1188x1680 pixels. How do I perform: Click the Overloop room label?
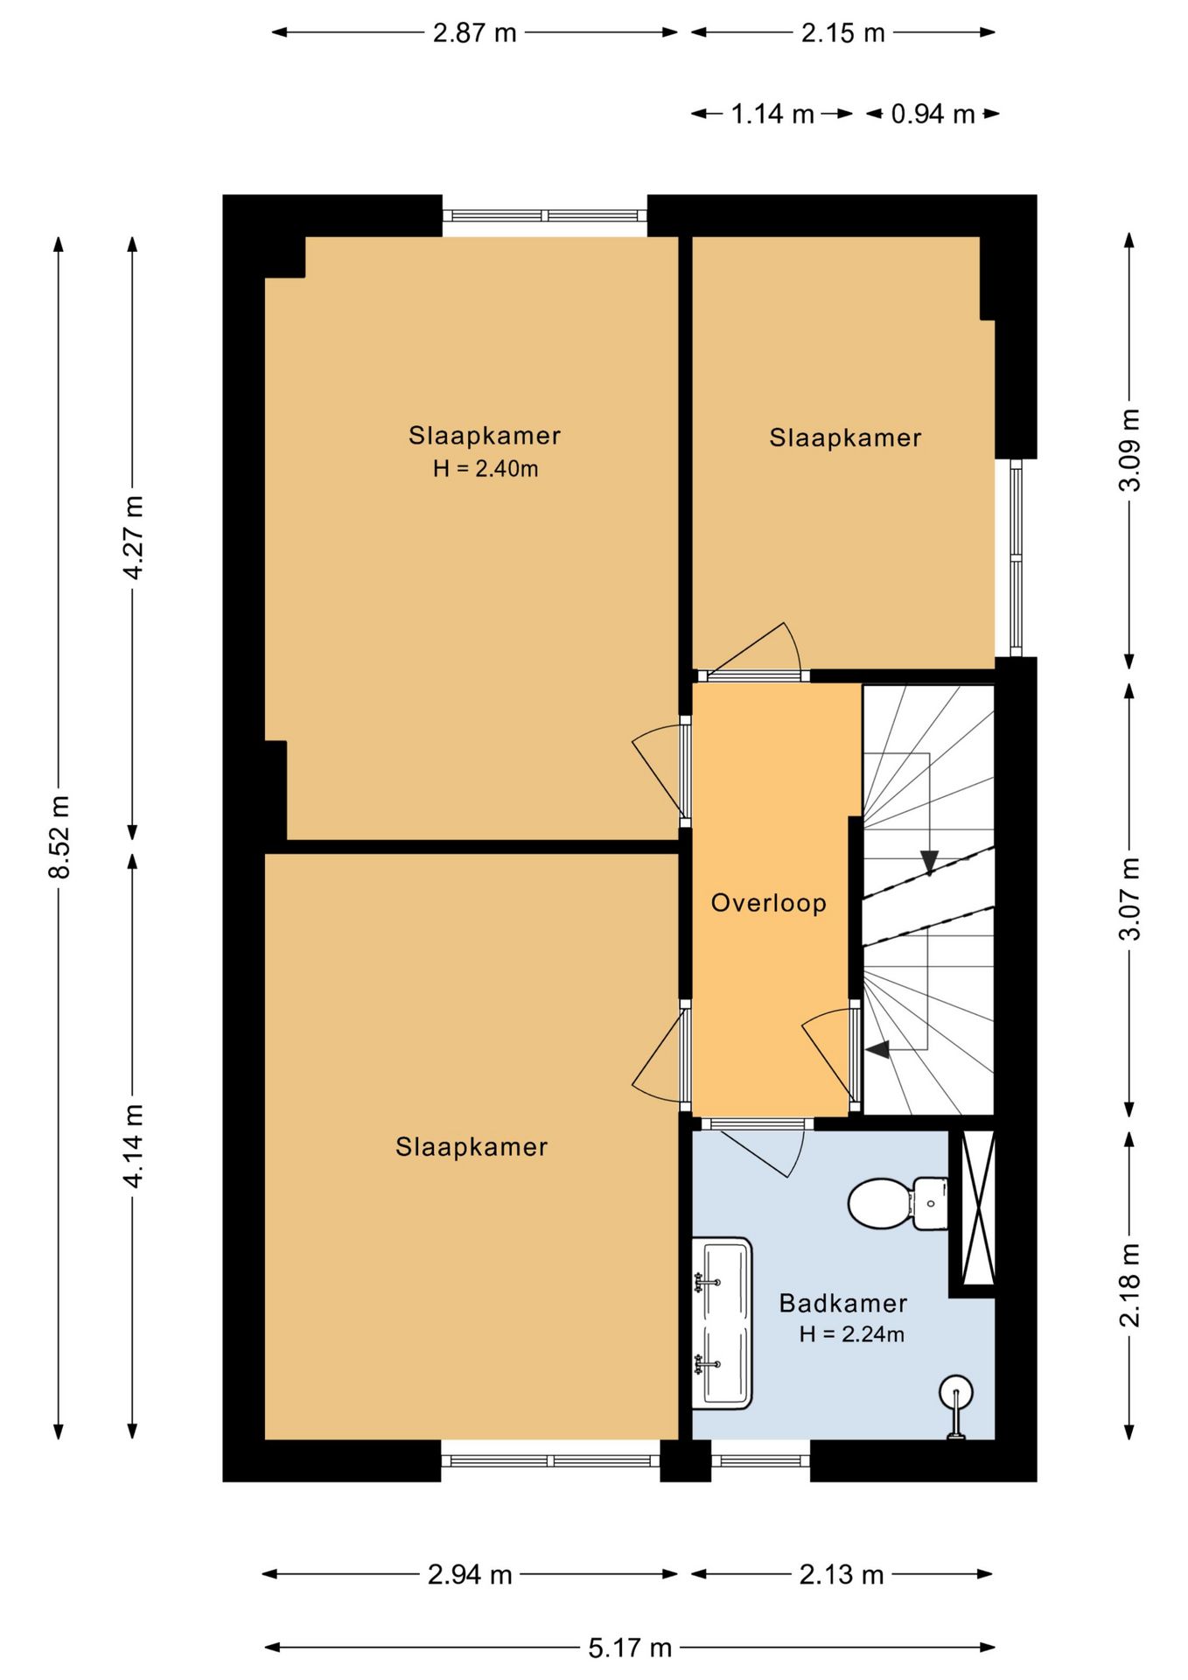coord(768,902)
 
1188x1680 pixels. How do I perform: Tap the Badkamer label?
coord(842,1303)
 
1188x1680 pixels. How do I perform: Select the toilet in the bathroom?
coord(898,1203)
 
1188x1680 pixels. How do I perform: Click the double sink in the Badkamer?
coord(722,1323)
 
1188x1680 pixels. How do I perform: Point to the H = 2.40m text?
coord(486,469)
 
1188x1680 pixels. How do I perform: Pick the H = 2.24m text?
coord(851,1334)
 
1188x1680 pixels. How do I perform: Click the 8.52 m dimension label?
coord(59,836)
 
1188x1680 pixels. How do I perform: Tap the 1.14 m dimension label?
coord(772,114)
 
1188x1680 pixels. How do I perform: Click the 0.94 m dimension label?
coord(933,114)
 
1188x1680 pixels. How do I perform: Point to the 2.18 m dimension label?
coord(1129,1284)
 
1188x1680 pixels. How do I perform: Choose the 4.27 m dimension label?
coord(132,537)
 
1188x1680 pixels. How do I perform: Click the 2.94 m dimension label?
coord(470,1575)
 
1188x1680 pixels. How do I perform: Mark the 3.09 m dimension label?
coord(1129,450)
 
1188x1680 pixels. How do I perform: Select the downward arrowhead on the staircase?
coord(929,862)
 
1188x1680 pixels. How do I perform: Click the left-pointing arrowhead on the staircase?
coord(877,1048)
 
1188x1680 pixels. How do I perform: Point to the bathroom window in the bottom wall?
coord(760,1460)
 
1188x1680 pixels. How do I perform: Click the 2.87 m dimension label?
coord(475,33)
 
